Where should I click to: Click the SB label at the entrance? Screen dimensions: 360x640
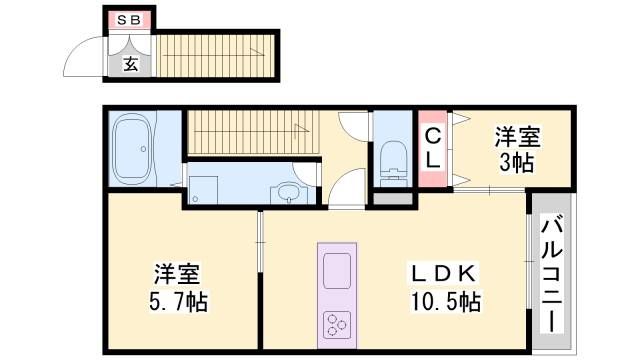click(129, 19)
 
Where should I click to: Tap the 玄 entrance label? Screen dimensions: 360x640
click(131, 64)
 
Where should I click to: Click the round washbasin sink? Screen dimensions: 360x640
click(287, 191)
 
